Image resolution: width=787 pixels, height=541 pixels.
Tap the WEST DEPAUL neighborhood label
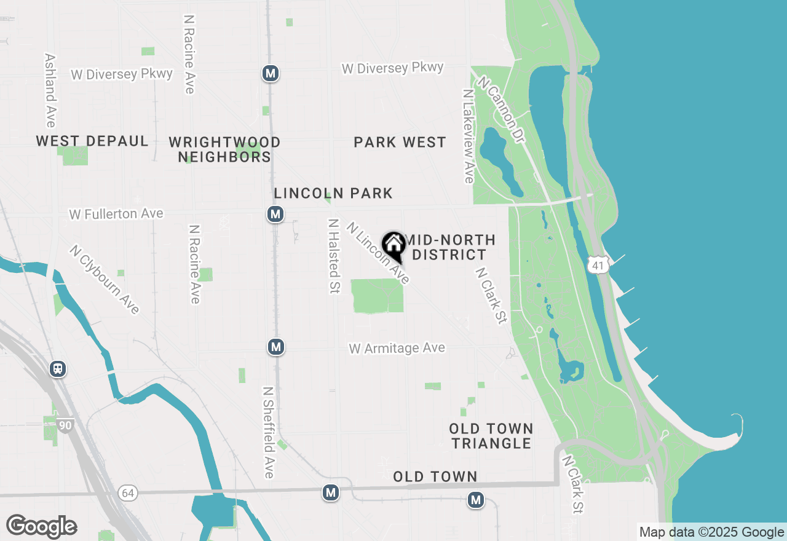[92, 141]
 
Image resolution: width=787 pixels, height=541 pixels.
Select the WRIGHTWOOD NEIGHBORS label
[224, 150]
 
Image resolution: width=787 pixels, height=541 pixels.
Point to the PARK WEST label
[400, 143]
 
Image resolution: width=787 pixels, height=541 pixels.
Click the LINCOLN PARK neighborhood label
[333, 193]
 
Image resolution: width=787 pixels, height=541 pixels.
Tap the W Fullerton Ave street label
[116, 214]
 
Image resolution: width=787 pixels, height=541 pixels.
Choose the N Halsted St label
[334, 256]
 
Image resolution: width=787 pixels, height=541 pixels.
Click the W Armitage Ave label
[397, 349]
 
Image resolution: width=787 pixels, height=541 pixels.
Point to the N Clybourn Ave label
[104, 280]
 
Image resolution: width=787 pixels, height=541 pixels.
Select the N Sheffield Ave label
[268, 432]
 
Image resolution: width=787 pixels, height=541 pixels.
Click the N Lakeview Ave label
[469, 136]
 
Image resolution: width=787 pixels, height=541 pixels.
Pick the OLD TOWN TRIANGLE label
[491, 436]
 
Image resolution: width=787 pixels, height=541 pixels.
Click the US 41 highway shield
[598, 265]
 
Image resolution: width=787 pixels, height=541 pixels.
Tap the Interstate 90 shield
[66, 424]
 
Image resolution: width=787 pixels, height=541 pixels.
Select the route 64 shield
[127, 493]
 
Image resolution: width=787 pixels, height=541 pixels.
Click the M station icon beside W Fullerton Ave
[275, 214]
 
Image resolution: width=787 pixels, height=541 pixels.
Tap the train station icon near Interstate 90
[58, 369]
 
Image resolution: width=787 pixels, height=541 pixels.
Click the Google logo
[41, 526]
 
